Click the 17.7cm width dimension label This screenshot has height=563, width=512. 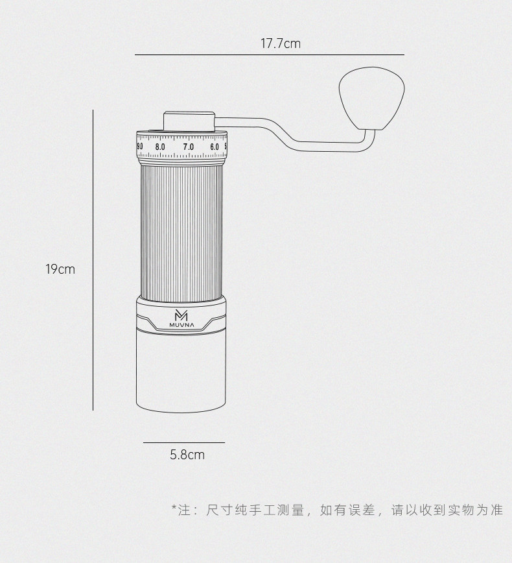coord(281,44)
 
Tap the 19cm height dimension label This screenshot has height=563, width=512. coord(60,269)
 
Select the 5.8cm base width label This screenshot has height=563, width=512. coord(187,455)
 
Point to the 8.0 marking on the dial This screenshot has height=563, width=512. coord(160,147)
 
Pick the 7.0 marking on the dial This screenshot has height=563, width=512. coord(188,147)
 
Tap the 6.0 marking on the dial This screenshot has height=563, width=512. coord(214,147)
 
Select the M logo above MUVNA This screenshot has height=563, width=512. coord(181,315)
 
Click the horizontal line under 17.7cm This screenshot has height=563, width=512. coord(269,55)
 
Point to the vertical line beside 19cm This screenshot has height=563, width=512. coord(93,259)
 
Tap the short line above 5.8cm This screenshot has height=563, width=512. coord(183,442)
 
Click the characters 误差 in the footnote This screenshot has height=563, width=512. coord(364,510)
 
